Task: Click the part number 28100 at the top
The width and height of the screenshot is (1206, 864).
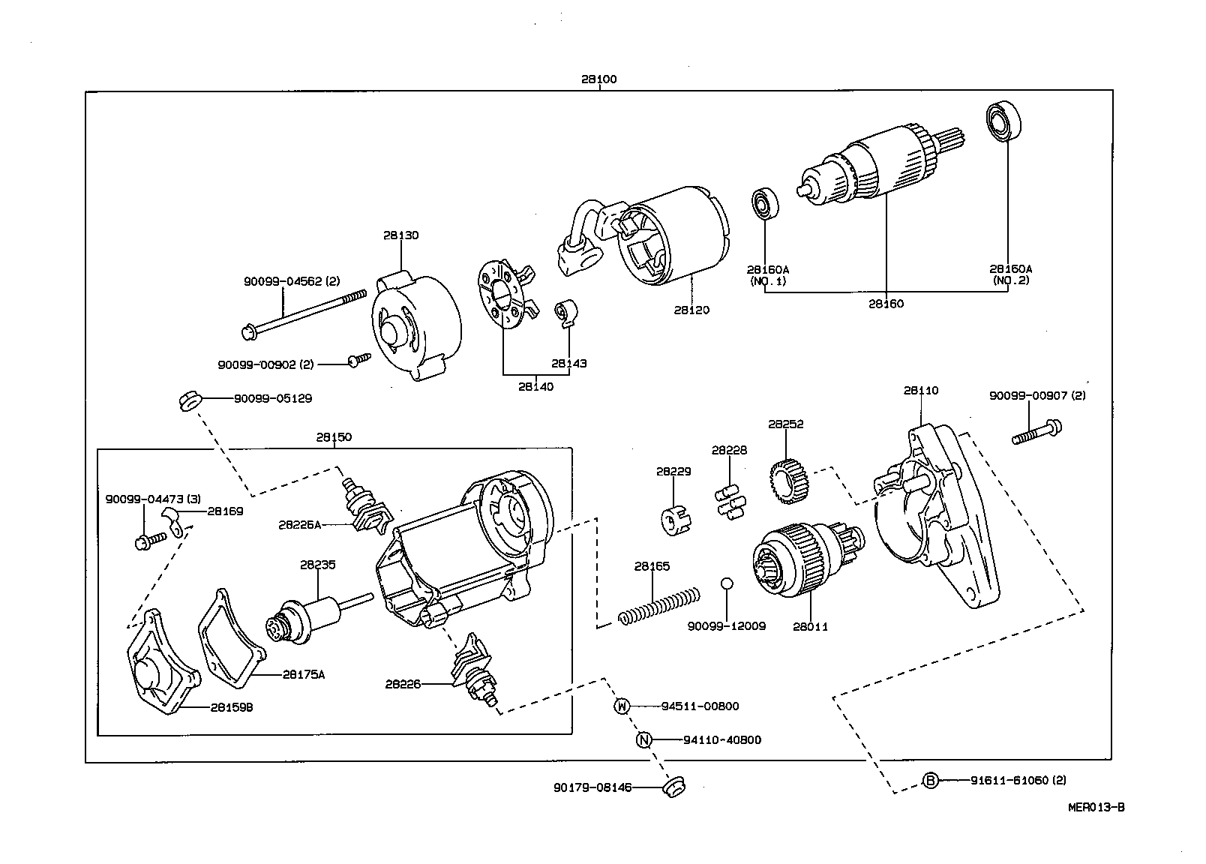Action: point(598,79)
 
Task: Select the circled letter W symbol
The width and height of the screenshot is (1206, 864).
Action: point(622,706)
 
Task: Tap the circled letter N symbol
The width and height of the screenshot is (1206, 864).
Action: point(643,739)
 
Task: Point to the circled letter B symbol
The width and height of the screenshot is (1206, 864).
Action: point(930,781)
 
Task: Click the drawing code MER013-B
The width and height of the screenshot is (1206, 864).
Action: point(1096,808)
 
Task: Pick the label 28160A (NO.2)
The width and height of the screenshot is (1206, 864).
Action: point(1010,274)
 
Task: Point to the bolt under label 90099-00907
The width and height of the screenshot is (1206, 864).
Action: point(1037,433)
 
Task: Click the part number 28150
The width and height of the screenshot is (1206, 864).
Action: point(334,437)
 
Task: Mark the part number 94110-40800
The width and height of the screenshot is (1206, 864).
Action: point(722,739)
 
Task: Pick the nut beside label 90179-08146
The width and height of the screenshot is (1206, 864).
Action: point(674,787)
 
